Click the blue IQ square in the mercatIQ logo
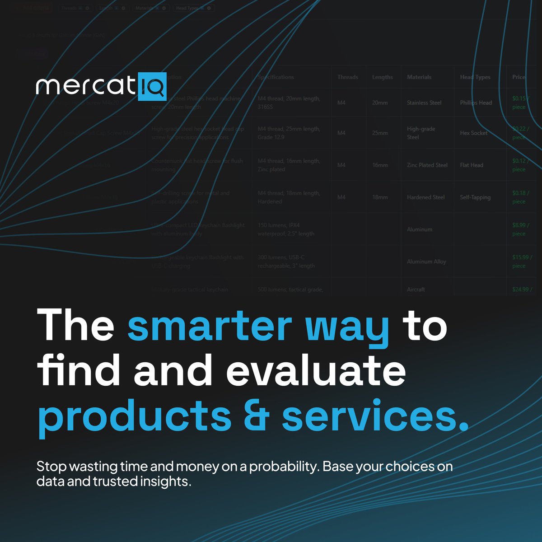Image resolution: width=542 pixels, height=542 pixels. pos(152,86)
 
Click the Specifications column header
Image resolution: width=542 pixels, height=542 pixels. pos(276,77)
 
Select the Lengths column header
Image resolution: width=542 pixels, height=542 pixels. pos(382,77)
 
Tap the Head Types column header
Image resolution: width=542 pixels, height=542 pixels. pos(475,77)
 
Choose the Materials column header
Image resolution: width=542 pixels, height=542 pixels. pos(419,77)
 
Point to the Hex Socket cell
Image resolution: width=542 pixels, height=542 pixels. pos(473,133)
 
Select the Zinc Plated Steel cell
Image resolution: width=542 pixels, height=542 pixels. pos(427,165)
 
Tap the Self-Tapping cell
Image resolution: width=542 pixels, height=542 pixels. pos(475,197)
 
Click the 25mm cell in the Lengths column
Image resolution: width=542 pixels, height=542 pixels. pos(380,133)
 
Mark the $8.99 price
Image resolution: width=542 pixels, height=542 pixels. pos(519,225)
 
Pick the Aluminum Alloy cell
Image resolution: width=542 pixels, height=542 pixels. pos(426,262)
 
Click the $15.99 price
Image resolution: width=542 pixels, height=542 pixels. pos(520,257)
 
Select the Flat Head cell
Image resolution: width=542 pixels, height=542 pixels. pos(472,165)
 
